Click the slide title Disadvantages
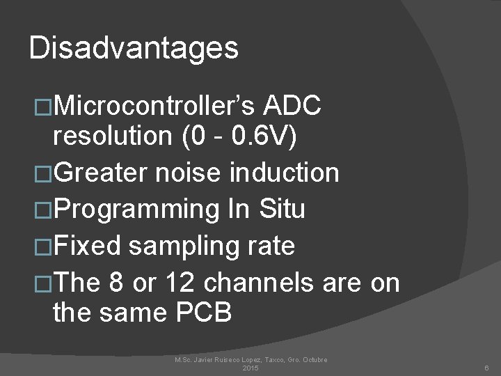click(x=134, y=48)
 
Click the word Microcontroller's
click(x=157, y=107)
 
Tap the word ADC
click(x=293, y=107)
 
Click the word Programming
click(x=136, y=209)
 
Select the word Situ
click(x=282, y=208)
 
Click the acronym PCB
click(x=200, y=313)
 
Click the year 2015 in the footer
click(x=250, y=368)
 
